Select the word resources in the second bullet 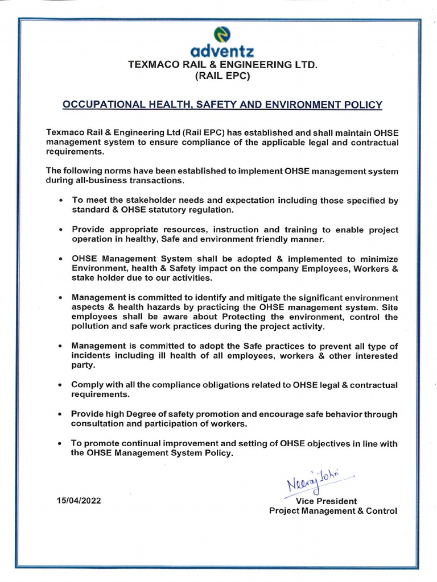(172, 230)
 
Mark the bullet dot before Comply (61, 385)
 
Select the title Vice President (327, 501)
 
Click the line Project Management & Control (333, 510)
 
